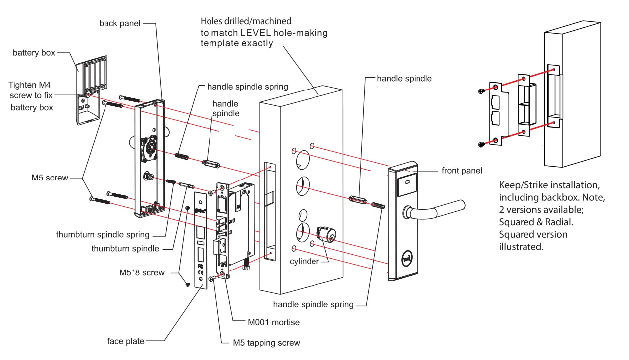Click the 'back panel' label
[x=120, y=24]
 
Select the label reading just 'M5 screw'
[x=50, y=178]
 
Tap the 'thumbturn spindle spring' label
[x=103, y=234]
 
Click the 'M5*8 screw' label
[x=142, y=272]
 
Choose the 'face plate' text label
[x=126, y=341]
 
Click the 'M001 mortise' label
[x=274, y=322]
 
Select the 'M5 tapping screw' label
[x=267, y=343]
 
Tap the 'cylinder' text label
[x=304, y=261]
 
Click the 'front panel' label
[x=462, y=171]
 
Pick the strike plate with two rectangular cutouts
[x=496, y=113]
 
